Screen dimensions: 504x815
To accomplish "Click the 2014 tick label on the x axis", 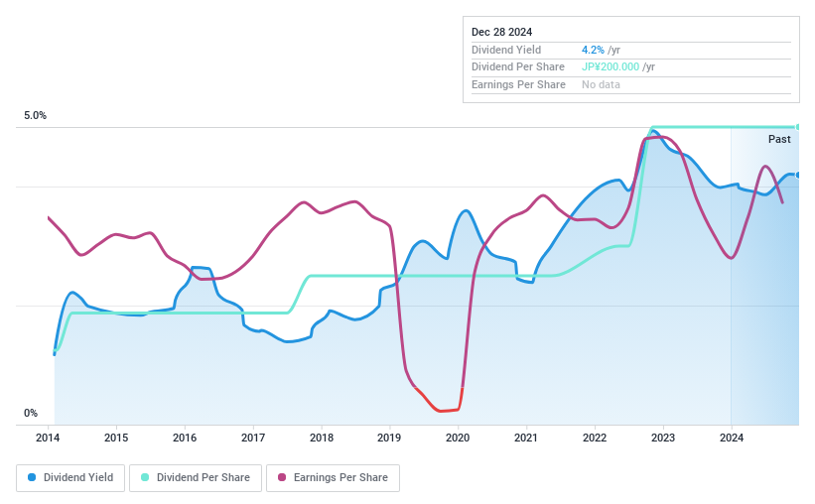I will point(48,438).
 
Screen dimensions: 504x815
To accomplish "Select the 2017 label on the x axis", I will point(252,438).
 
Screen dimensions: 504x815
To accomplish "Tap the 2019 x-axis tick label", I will point(389,438).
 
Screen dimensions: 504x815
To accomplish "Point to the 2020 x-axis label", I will point(458,438).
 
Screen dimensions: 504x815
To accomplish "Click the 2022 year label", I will point(594,438).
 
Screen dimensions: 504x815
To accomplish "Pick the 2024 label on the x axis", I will point(731,438).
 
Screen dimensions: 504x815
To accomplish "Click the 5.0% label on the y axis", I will point(36,116).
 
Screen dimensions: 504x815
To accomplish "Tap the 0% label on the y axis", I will point(31,413).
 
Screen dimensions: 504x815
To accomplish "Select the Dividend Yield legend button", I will point(70,477).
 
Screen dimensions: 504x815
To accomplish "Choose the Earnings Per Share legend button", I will point(333,477).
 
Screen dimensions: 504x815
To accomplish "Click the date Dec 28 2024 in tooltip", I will point(502,31).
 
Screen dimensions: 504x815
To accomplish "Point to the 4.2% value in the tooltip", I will point(594,50).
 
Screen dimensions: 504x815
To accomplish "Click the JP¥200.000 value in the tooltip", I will point(611,67).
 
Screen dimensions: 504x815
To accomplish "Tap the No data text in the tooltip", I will point(602,85).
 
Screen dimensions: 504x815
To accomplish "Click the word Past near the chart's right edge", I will point(779,140).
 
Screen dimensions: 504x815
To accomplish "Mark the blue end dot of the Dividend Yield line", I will point(797,176).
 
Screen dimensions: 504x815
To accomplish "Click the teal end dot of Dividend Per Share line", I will point(797,127).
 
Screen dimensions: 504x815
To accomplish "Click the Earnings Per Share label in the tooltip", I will point(518,85).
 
